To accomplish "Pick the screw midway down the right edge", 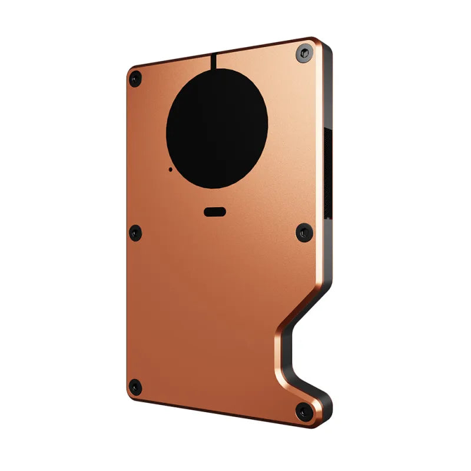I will point(304,233).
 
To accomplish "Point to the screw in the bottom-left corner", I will point(135,387).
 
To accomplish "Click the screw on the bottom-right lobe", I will point(304,412).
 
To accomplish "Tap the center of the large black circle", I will point(218,128).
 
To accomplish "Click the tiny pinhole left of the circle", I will point(171,170).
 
